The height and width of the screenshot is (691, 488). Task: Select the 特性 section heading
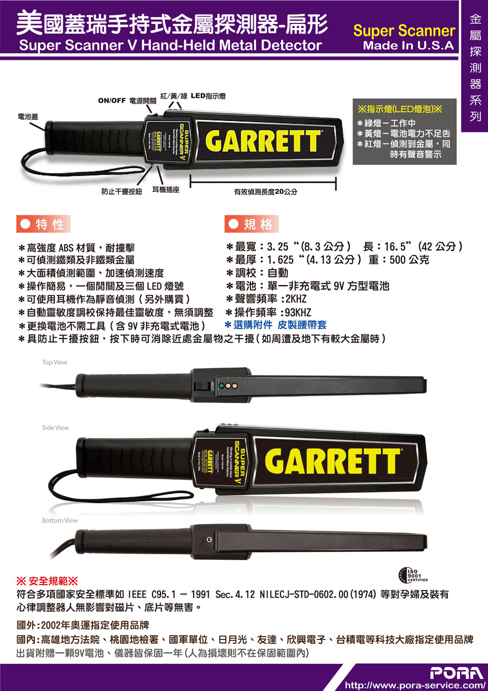tap(44, 224)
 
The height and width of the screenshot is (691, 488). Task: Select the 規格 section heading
tap(252, 224)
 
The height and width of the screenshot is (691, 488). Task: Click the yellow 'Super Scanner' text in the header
tap(403, 31)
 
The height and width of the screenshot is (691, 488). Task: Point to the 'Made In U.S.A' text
tap(408, 46)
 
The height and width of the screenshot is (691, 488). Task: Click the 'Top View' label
tap(55, 362)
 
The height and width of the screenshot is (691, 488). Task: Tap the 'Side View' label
tap(55, 428)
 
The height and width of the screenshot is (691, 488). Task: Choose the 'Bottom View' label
tap(60, 521)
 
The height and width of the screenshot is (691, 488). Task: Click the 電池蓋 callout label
tap(28, 116)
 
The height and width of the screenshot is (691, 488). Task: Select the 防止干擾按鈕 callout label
tap(121, 191)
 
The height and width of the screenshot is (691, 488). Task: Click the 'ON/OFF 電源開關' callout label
tap(127, 100)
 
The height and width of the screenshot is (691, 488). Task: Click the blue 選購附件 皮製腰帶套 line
tap(275, 325)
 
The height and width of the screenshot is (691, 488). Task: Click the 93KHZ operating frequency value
tap(298, 312)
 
